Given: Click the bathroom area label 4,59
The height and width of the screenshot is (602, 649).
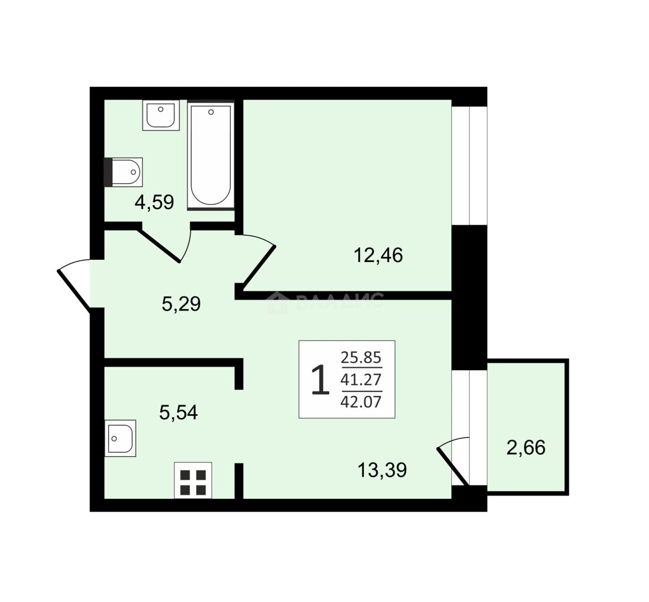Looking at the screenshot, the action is point(154,202).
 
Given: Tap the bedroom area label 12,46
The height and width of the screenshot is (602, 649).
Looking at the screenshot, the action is point(378,255).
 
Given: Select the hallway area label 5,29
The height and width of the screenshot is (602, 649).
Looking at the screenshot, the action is point(181,304).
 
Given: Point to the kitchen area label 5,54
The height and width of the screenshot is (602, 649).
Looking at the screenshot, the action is point(179,412).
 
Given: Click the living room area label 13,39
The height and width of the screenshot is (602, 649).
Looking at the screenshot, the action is point(382,470).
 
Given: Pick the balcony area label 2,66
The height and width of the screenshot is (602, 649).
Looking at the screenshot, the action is point(526,448).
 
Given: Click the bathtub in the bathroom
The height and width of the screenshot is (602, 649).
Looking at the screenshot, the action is point(211,155).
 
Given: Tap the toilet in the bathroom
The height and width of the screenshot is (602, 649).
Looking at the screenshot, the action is point(123,172).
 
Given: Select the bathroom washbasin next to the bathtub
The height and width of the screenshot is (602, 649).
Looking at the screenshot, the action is point(161,115).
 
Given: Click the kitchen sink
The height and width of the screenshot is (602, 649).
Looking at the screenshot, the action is point(120,438).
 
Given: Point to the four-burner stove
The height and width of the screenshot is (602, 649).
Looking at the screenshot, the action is point(193,480).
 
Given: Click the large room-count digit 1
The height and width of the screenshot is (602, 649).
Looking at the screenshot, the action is point(320,379).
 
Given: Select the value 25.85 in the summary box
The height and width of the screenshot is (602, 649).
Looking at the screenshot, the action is point(361,357).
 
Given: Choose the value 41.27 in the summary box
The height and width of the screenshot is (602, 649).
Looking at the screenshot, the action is point(361,379).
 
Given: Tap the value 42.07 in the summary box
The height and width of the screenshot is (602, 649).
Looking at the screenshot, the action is point(361,401).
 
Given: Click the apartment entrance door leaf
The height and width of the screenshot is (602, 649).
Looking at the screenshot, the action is point(74,290).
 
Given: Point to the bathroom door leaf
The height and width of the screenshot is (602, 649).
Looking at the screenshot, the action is point(159,245).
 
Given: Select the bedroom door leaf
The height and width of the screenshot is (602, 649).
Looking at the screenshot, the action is point(259,267).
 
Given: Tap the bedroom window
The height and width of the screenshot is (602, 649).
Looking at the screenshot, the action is point(470,166).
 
